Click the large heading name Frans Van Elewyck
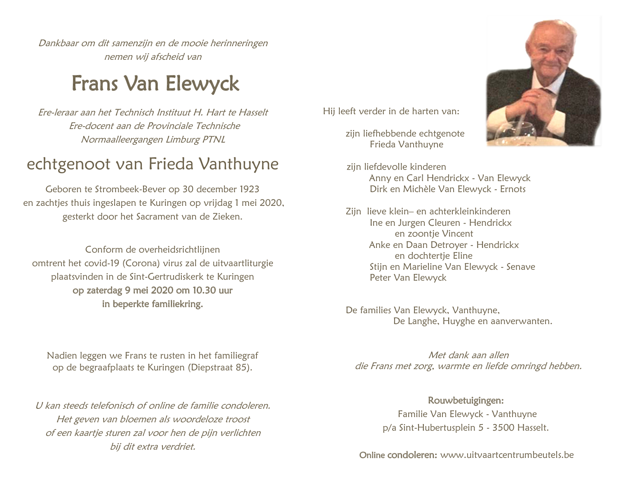(155, 84)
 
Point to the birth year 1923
(249, 189)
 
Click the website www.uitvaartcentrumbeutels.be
(507, 455)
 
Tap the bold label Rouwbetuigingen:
(466, 401)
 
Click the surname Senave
(521, 267)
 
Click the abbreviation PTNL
(214, 139)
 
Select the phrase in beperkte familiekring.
(153, 304)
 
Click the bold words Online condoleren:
(398, 455)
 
